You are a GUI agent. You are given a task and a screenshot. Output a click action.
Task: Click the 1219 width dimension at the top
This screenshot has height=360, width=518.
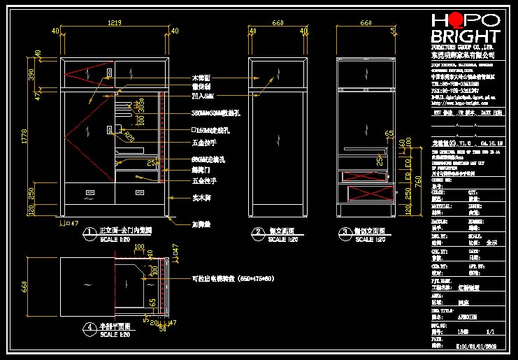pos(115,22)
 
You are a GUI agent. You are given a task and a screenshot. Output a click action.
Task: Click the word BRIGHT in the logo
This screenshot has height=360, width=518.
pos(465,37)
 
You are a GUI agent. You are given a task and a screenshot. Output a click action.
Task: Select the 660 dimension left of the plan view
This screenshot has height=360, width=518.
pos(24,287)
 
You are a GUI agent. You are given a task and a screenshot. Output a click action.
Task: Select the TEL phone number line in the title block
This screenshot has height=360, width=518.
pos(454,82)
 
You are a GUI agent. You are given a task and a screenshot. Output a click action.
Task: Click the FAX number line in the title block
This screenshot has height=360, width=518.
pos(454,90)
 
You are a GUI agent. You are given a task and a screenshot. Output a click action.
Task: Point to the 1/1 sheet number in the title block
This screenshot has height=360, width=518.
pos(489,331)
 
